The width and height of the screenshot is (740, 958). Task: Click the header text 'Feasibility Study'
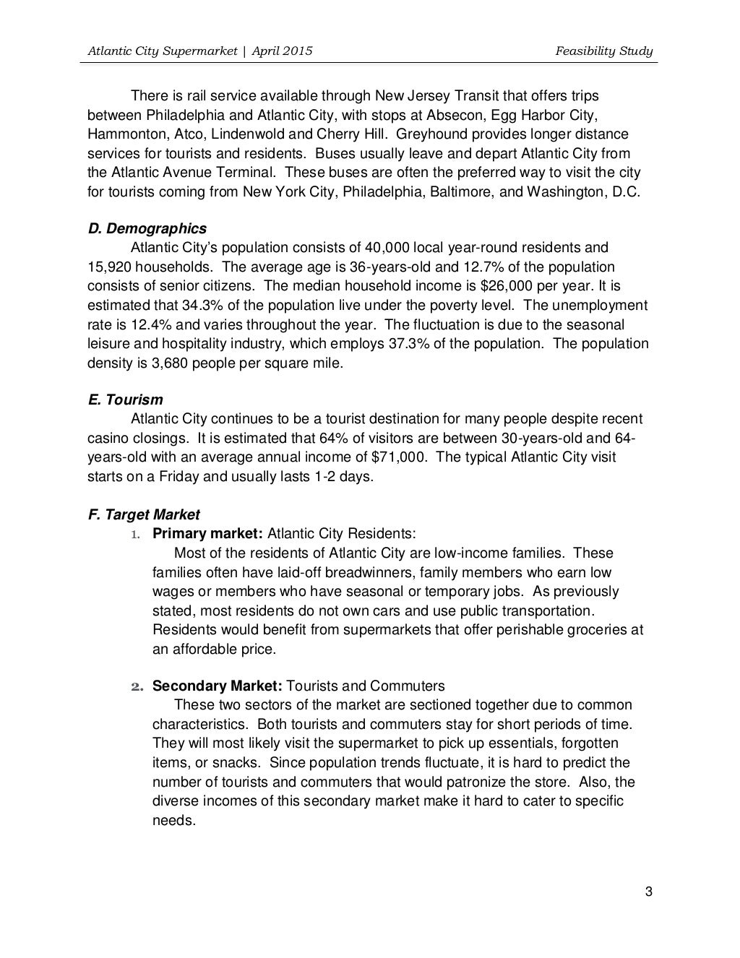pyautogui.click(x=604, y=51)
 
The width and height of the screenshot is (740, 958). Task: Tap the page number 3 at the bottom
pyautogui.click(x=648, y=892)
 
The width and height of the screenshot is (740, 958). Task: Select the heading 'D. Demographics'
pyautogui.click(x=147, y=229)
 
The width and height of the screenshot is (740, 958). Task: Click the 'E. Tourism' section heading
pyautogui.click(x=125, y=400)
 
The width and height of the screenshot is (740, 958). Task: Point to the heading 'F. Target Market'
pyautogui.click(x=144, y=514)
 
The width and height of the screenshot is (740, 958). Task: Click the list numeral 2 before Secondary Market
pyautogui.click(x=134, y=686)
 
